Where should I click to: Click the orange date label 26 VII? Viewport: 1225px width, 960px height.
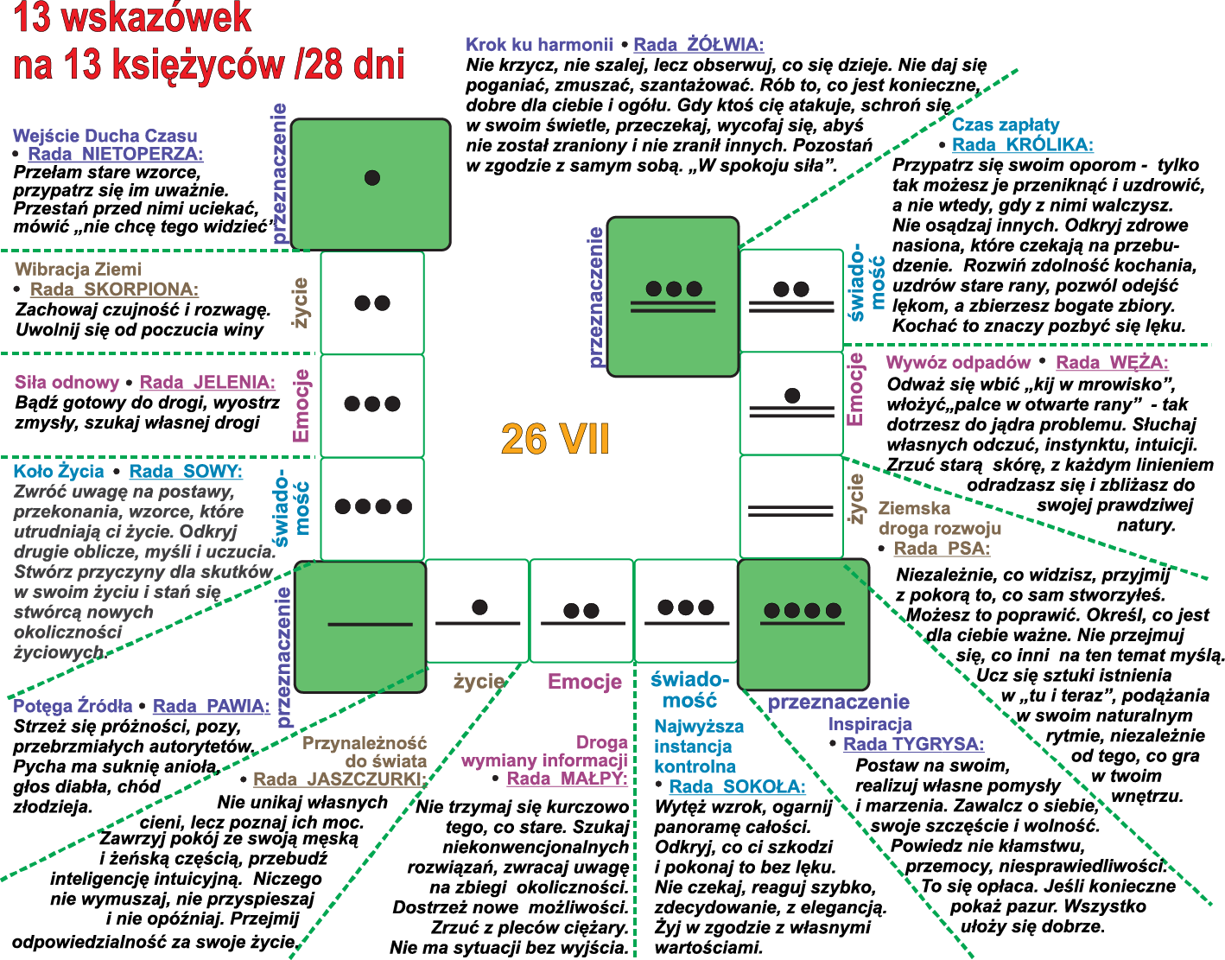click(x=555, y=439)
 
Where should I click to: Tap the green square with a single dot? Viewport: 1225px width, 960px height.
click(x=371, y=184)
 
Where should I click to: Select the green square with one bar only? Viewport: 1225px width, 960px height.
click(x=360, y=626)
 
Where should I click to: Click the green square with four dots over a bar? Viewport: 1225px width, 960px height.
click(x=803, y=624)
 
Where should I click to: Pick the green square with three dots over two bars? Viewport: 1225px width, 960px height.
click(x=673, y=296)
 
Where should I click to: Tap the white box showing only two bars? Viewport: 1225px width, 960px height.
click(x=791, y=506)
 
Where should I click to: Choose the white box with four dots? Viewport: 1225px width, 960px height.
click(x=372, y=509)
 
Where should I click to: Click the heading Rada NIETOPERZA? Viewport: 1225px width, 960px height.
click(x=116, y=154)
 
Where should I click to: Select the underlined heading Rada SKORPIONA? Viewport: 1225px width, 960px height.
click(x=114, y=289)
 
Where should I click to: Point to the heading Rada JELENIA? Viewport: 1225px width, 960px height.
click(x=207, y=382)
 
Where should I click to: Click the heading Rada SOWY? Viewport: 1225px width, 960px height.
click(x=186, y=471)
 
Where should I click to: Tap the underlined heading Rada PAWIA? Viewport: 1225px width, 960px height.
click(x=212, y=706)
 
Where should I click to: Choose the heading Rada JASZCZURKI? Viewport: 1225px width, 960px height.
click(x=340, y=779)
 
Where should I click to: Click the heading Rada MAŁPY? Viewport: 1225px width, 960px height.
click(x=567, y=779)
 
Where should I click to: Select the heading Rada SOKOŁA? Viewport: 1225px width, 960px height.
click(x=738, y=786)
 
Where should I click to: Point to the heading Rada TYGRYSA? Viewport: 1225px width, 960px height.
click(x=914, y=744)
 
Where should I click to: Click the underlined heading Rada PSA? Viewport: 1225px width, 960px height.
click(x=942, y=549)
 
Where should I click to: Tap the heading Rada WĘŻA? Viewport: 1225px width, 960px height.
click(x=1112, y=362)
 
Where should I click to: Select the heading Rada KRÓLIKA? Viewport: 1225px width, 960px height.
click(x=1023, y=145)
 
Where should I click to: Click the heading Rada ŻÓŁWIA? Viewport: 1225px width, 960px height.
click(x=699, y=45)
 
